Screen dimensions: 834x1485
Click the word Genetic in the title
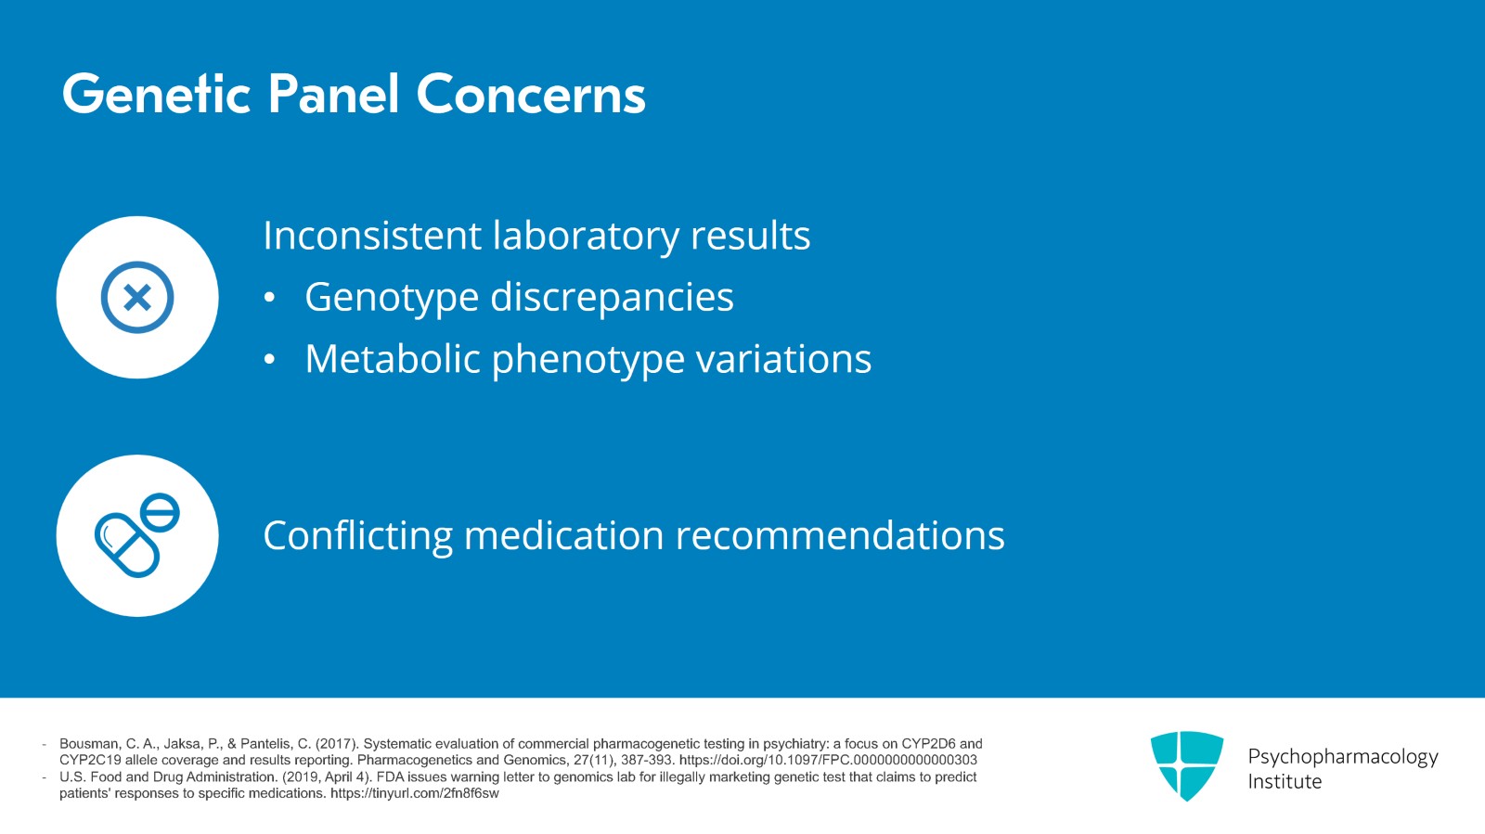[156, 95]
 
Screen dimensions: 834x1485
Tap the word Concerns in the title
[530, 95]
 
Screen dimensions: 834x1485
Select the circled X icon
[137, 298]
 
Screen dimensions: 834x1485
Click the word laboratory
[585, 236]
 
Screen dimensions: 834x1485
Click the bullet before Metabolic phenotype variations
[269, 360]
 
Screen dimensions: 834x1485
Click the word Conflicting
[357, 536]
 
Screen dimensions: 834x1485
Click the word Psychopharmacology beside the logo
[1342, 757]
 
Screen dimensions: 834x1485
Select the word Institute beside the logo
[1285, 782]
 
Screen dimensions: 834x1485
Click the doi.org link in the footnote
[828, 760]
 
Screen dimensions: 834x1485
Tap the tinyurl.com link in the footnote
[414, 794]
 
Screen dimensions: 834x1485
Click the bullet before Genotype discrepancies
[269, 298]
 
